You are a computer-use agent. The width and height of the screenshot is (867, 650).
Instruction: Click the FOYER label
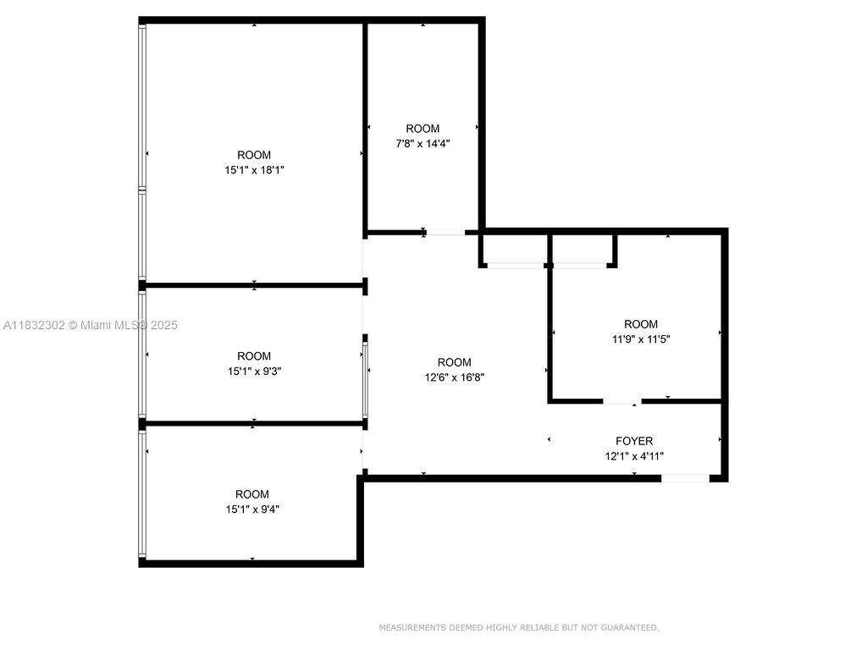[634, 441]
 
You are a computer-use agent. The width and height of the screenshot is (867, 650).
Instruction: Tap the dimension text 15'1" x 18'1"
[254, 170]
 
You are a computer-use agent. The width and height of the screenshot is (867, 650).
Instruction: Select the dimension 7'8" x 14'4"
[423, 144]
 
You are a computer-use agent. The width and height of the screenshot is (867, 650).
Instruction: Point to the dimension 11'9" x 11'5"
[641, 339]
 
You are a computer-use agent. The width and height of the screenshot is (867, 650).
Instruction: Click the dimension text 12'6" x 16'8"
[455, 377]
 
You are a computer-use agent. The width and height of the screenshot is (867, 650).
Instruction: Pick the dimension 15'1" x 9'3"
[254, 372]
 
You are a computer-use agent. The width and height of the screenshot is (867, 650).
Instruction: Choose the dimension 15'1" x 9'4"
[252, 510]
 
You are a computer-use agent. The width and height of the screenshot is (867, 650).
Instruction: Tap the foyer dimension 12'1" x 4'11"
[634, 456]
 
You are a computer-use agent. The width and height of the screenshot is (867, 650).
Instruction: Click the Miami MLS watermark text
[91, 326]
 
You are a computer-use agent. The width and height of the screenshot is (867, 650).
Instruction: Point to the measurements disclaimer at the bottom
[519, 628]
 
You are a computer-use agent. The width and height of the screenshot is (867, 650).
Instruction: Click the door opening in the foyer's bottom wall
[686, 478]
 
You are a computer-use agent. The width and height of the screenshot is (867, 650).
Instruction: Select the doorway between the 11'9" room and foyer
[622, 400]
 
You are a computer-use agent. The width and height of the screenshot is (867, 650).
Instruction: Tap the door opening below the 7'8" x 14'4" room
[445, 233]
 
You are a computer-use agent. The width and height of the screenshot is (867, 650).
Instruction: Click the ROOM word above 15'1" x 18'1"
[254, 156]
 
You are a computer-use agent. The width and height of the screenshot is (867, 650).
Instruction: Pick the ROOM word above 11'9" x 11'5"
[641, 324]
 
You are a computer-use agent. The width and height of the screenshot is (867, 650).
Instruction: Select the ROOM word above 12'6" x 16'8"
[455, 362]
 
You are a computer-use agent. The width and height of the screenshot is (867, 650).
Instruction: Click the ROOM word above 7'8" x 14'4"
[423, 129]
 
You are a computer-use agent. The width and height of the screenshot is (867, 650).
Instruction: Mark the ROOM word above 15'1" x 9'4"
[252, 494]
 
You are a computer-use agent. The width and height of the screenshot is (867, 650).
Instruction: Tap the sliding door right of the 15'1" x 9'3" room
[365, 380]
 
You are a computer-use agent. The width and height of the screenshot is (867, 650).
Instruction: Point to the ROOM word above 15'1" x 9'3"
[254, 356]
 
